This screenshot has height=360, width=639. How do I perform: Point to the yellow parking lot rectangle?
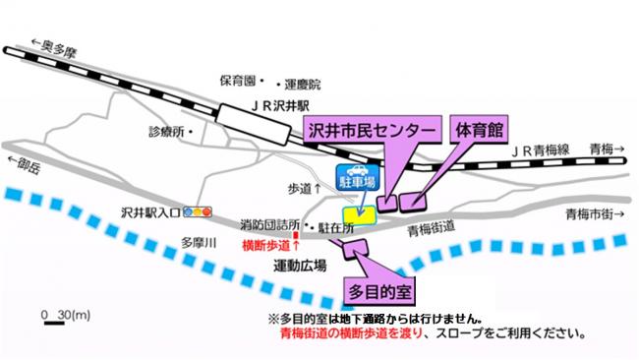(x=355, y=215)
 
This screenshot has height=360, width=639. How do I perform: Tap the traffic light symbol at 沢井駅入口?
(x=202, y=211)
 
